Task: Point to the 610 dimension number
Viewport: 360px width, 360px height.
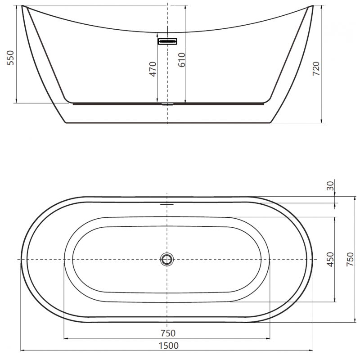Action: tap(181, 59)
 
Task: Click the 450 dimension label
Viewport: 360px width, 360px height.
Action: tap(330, 260)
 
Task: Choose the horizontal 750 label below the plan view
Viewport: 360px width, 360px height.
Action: tap(167, 333)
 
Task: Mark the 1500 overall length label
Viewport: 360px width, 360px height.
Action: tap(167, 345)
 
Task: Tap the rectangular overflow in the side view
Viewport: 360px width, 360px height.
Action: tap(167, 41)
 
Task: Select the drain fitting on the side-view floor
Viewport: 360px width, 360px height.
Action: tap(167, 103)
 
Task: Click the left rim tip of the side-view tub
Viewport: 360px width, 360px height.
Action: tap(23, 7)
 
